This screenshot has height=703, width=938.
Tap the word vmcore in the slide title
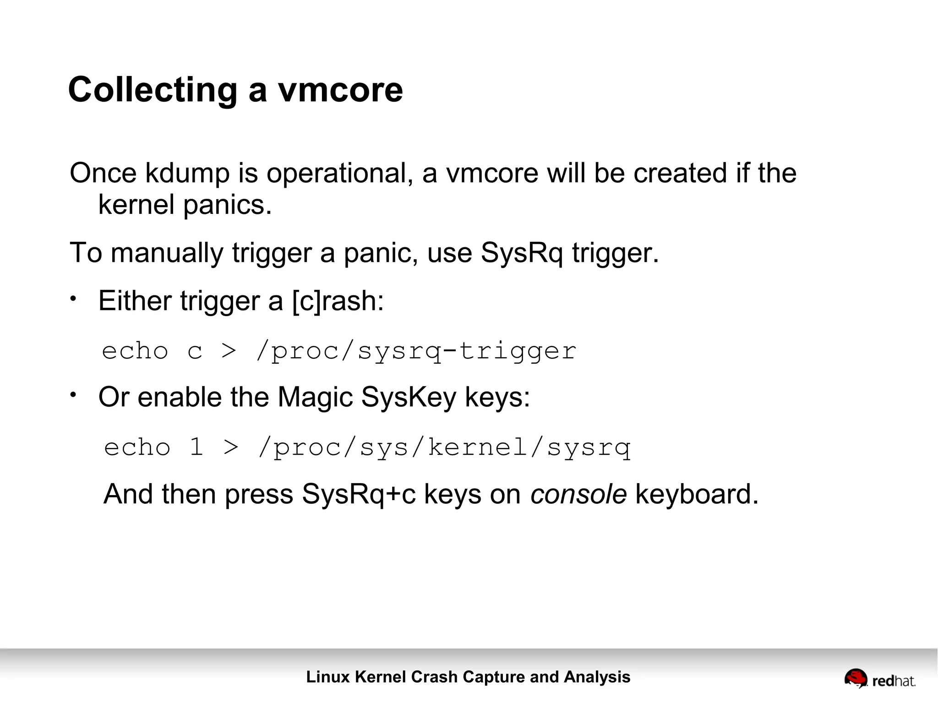pyautogui.click(x=340, y=90)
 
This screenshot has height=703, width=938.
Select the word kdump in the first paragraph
pyautogui.click(x=187, y=174)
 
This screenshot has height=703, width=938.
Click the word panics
pyautogui.click(x=228, y=205)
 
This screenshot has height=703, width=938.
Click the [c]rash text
pyautogui.click(x=338, y=301)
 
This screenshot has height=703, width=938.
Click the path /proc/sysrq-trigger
pyautogui.click(x=416, y=351)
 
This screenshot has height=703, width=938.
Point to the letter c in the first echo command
pyautogui.click(x=195, y=352)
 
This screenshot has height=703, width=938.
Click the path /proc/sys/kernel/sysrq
pyautogui.click(x=444, y=447)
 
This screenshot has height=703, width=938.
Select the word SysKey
pyautogui.click(x=409, y=397)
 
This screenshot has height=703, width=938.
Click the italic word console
pyautogui.click(x=578, y=495)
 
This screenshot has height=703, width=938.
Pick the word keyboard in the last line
pyautogui.click(x=697, y=495)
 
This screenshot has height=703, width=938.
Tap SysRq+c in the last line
pyautogui.click(x=359, y=495)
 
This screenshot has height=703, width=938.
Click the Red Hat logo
pyautogui.click(x=879, y=679)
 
